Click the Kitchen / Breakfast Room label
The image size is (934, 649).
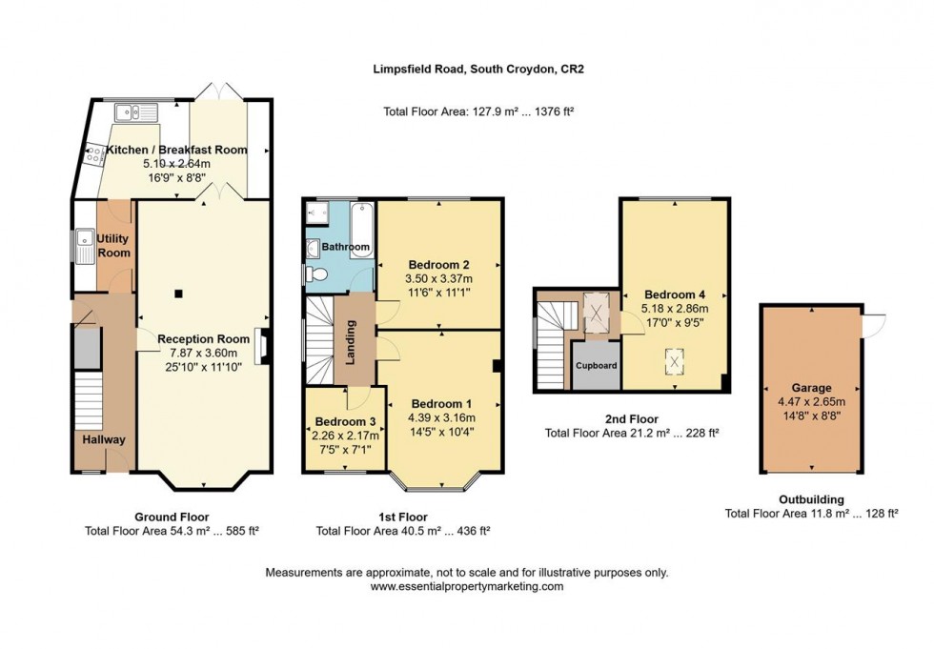tap(176, 150)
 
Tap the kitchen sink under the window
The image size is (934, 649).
tap(136, 112)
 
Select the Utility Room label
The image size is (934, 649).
tap(113, 246)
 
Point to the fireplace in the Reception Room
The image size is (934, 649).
tap(261, 346)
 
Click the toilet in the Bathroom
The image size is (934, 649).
tap(316, 274)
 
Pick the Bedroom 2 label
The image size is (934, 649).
tap(439, 264)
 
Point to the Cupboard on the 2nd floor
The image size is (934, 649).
tap(596, 365)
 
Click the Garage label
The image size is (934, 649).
tap(810, 388)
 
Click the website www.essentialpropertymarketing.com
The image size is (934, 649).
tap(467, 587)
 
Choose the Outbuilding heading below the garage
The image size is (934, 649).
tap(811, 498)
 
